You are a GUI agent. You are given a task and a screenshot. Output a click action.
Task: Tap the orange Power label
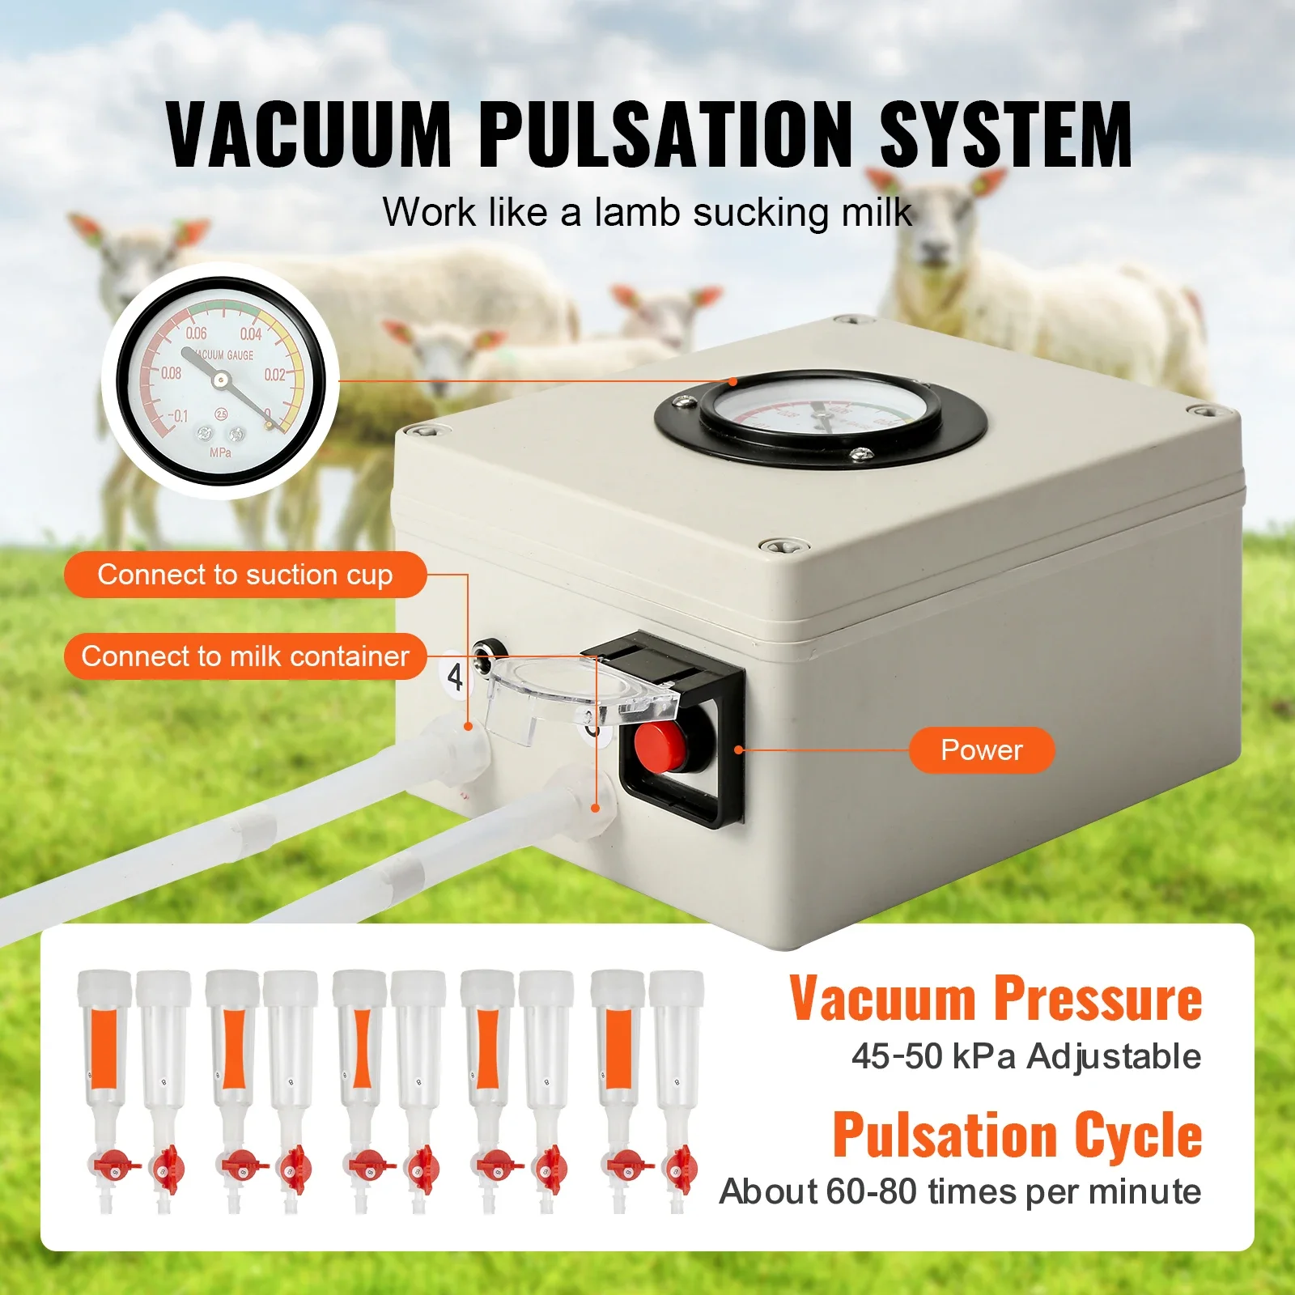tap(981, 750)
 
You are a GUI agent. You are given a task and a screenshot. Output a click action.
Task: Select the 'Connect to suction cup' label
tap(244, 575)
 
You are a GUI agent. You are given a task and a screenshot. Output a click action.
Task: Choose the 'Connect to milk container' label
tap(244, 656)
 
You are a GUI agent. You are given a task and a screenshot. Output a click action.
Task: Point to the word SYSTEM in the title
tap(1005, 134)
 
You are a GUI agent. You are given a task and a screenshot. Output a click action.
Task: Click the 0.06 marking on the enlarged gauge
tap(196, 333)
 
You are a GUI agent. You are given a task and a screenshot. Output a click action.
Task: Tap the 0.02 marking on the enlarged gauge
tap(274, 374)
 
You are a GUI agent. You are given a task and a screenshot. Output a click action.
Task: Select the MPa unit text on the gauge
tap(220, 452)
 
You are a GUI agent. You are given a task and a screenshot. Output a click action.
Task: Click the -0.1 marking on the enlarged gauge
tap(176, 416)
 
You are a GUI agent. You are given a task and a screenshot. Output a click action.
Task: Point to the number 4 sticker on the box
tap(455, 677)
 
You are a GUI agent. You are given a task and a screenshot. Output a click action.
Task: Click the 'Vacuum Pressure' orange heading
tap(996, 1000)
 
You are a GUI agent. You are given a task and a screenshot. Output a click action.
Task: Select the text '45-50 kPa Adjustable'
tap(1025, 1056)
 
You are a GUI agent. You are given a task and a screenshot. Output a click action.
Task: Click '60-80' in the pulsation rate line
tap(872, 1191)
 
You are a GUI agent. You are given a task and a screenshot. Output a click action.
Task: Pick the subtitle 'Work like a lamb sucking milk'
tap(647, 212)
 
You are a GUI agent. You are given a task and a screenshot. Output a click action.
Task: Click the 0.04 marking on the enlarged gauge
tap(251, 333)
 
